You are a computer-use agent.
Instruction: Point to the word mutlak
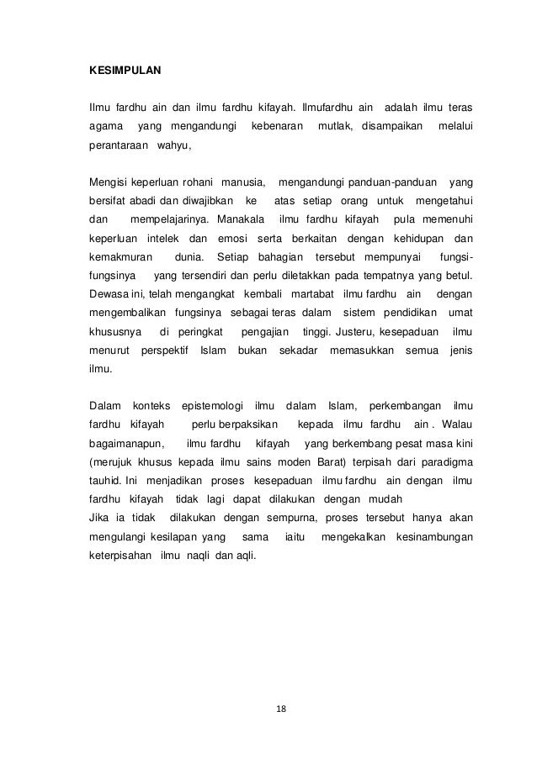[337, 127]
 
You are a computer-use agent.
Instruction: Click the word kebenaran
[271, 127]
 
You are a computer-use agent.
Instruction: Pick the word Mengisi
[107, 182]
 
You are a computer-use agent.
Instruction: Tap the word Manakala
[240, 219]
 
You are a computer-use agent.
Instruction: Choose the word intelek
[164, 239]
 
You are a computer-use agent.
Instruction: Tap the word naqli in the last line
[198, 556]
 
